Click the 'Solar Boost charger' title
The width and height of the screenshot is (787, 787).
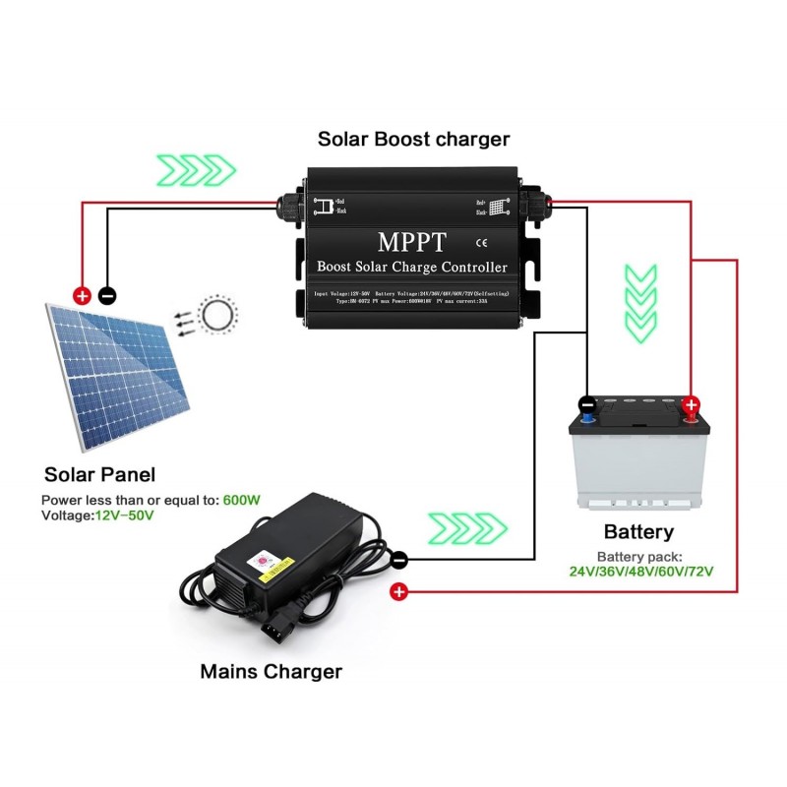click(413, 139)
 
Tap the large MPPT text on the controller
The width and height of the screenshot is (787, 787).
click(412, 241)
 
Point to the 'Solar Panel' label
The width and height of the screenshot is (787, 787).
click(99, 474)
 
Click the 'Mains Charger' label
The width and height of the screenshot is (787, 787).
click(271, 672)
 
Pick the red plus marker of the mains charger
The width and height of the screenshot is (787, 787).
click(398, 591)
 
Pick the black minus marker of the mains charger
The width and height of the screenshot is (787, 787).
click(399, 561)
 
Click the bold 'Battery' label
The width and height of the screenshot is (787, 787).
click(638, 532)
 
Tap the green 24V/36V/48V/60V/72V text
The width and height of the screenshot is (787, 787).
click(640, 571)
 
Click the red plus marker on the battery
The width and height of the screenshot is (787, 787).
click(691, 404)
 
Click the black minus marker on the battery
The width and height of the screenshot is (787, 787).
click(586, 404)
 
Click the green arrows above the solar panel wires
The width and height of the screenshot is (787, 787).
click(198, 169)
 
